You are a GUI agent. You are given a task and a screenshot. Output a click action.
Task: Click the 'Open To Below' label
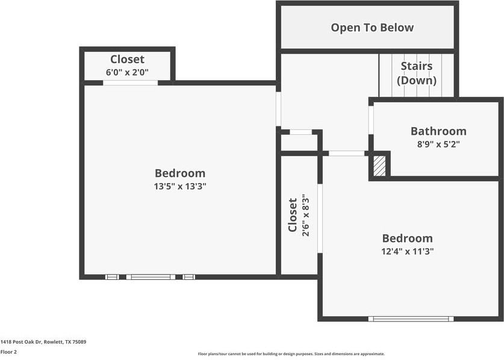coord(372,28)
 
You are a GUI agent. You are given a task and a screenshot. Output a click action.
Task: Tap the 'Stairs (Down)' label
coord(417,73)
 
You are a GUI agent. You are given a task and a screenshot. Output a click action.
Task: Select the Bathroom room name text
coord(438,131)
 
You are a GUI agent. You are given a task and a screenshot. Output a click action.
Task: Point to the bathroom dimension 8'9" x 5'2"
coord(438,144)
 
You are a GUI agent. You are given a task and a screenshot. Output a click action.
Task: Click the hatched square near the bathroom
coord(379,166)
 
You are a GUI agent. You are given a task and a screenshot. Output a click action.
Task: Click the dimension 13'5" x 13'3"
coord(180,187)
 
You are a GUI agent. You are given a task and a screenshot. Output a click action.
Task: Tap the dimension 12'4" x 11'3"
coord(407,252)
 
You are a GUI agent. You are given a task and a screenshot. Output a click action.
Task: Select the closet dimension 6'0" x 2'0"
coord(127,72)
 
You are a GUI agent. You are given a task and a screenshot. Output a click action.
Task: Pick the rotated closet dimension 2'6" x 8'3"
coord(306,215)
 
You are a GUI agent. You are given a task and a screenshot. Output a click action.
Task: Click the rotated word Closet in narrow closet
coord(293,215)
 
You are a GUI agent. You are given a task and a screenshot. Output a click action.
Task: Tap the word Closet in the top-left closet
coord(127,59)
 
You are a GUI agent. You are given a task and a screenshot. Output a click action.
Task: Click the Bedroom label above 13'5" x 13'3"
coord(180,173)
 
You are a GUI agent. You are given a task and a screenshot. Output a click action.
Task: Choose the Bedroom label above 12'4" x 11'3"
coord(407,238)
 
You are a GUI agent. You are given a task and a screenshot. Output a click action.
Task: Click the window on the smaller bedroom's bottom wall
coord(411,318)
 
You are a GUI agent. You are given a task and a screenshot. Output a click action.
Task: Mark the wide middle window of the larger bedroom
coord(151,277)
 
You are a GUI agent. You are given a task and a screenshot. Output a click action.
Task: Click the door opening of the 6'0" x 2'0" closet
coord(130,82)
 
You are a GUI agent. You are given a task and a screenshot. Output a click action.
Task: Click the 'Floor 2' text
coord(9,352)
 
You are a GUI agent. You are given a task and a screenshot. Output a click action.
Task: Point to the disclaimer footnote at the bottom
coord(291,354)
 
